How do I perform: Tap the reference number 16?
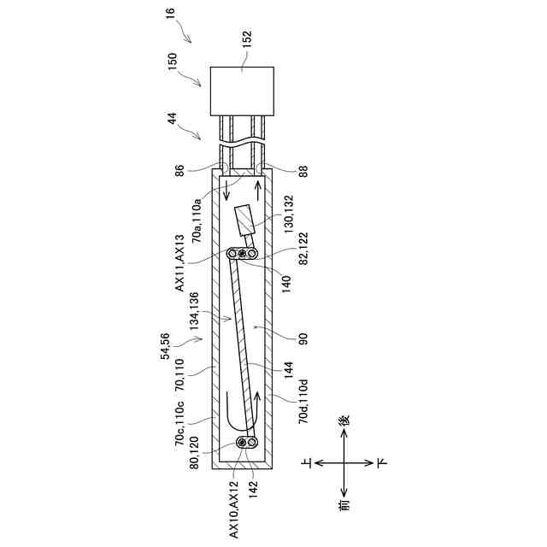170,15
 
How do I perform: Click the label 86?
179,171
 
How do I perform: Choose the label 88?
303,171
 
